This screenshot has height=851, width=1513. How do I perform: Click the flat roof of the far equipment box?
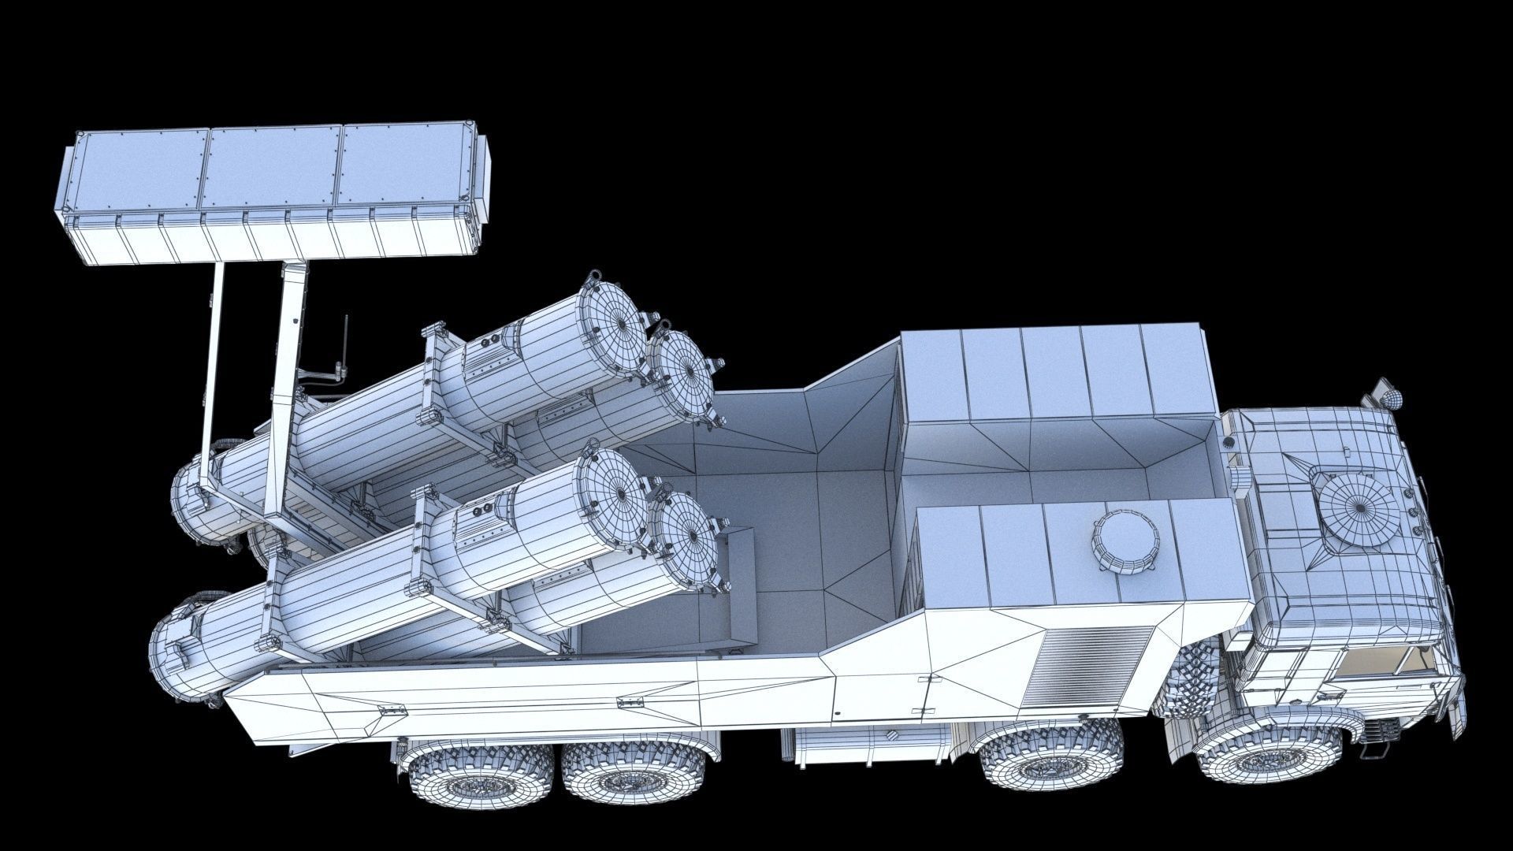(x=1056, y=370)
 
